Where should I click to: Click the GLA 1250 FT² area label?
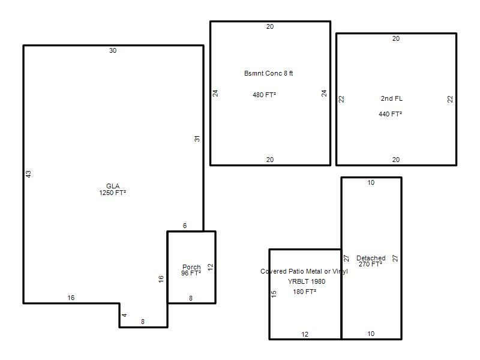tap(113, 190)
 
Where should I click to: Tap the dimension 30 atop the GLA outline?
tap(113, 50)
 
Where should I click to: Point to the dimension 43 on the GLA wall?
tap(28, 174)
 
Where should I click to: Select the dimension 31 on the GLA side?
tap(197, 139)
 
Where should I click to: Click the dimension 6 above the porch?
tap(185, 226)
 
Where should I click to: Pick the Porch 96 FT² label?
tap(191, 270)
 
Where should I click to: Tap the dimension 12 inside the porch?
tap(210, 266)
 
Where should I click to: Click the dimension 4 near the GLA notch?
tap(124, 315)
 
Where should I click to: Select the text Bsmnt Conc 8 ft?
tap(268, 73)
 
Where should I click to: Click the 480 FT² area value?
tap(264, 95)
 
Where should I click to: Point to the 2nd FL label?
tap(392, 98)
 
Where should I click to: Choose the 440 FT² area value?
tap(391, 114)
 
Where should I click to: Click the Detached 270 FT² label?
tap(371, 261)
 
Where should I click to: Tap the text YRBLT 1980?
tap(307, 281)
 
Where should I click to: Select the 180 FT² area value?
tap(304, 292)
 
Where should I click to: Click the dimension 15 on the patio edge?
tap(274, 294)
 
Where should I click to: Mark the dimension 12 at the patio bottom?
tap(305, 334)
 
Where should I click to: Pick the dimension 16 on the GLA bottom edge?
tap(71, 298)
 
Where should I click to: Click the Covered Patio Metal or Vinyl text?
tap(304, 272)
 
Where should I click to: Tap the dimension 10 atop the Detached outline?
tap(371, 183)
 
